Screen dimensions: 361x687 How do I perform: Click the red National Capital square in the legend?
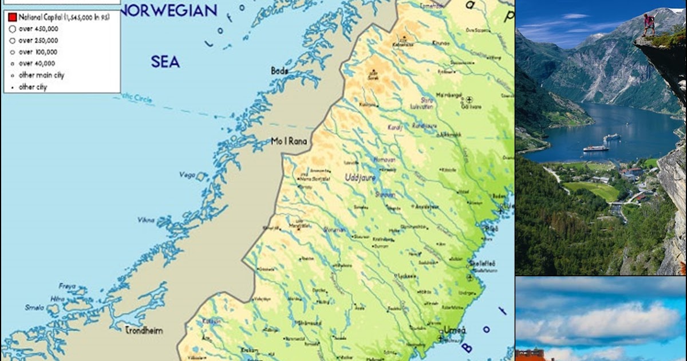(12, 18)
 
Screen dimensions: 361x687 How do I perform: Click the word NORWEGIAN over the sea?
(169, 10)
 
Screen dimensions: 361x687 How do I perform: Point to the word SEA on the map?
(165, 62)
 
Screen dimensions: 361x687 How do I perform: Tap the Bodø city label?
(279, 71)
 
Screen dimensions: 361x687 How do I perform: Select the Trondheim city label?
(144, 330)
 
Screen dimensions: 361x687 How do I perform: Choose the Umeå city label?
(455, 330)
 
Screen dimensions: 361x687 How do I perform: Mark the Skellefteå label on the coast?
(482, 263)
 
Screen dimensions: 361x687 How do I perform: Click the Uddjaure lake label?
(360, 178)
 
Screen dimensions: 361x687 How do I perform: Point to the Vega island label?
(187, 175)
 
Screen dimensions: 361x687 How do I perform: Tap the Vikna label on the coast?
(145, 219)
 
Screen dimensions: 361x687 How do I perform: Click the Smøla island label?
(34, 307)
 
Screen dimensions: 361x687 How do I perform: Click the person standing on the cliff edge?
(648, 25)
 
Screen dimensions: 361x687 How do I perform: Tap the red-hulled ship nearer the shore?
(595, 148)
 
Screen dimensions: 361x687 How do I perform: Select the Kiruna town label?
(440, 42)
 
